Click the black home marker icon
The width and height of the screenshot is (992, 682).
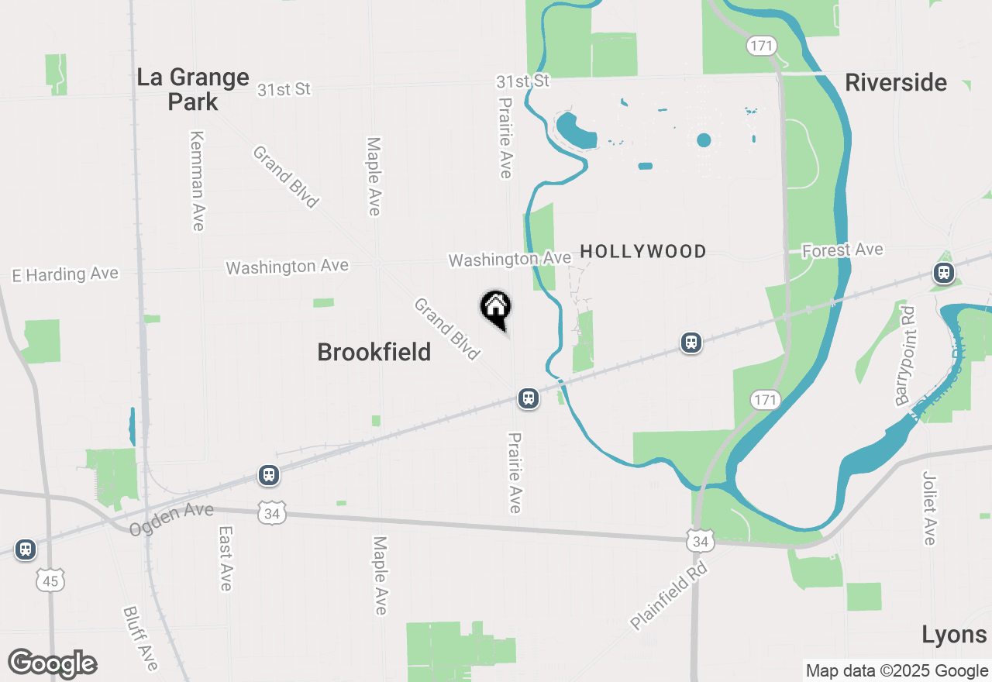(496, 308)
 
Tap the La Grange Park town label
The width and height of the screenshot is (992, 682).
(193, 89)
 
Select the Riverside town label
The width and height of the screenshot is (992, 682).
(896, 83)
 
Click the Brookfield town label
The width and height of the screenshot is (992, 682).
(374, 353)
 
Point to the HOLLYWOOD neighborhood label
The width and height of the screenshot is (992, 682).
(643, 251)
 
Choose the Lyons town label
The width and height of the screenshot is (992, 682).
(954, 635)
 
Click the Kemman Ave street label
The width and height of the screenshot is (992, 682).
(197, 180)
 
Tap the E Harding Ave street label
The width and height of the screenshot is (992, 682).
(65, 274)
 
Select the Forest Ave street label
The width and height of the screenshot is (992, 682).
(842, 250)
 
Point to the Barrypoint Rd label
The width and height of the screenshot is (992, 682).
(904, 356)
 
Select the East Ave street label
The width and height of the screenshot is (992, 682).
(226, 558)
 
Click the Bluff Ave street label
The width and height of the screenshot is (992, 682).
(140, 638)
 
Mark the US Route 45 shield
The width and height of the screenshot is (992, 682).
(50, 579)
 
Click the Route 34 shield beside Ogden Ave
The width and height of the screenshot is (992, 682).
(273, 512)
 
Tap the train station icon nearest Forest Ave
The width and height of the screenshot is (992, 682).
(943, 272)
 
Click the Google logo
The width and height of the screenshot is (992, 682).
(52, 663)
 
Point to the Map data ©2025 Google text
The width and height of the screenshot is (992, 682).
(896, 671)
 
